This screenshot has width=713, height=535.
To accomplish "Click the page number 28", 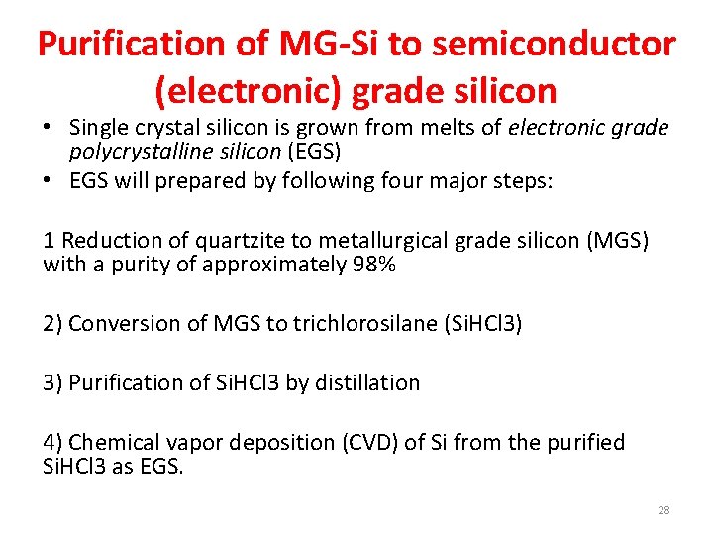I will pyautogui.click(x=663, y=510).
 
